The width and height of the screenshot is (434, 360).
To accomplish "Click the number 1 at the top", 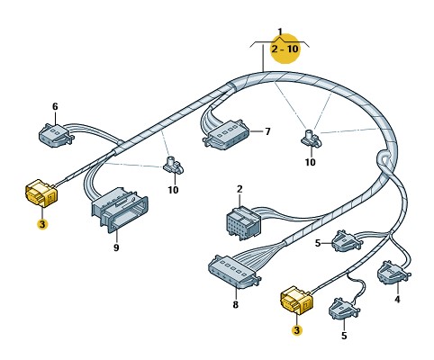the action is (280, 31).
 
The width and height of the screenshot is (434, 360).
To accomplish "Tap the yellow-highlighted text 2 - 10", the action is (285, 49).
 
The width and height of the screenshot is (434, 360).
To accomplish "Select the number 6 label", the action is (55, 106).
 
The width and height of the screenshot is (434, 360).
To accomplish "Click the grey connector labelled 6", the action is (56, 135).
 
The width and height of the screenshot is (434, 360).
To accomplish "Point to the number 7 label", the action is (267, 131).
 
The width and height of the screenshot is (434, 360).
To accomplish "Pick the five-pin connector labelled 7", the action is (227, 134).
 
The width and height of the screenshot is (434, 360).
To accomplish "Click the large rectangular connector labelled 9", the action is (120, 209).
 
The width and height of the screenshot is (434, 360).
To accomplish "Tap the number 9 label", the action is (116, 247).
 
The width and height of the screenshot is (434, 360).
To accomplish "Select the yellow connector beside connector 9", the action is (41, 193).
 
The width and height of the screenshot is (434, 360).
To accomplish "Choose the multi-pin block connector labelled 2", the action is (243, 222).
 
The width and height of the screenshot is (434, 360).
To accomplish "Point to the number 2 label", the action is (240, 189).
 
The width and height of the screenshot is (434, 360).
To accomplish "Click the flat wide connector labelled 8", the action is (234, 272).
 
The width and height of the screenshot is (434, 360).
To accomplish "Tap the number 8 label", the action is (236, 304).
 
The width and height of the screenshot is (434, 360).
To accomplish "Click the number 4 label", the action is (397, 299).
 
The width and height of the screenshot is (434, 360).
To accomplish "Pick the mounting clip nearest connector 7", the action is (310, 139).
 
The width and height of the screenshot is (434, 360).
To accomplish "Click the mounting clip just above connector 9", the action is (174, 166).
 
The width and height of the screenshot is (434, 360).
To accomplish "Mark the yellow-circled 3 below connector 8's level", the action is (296, 330).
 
